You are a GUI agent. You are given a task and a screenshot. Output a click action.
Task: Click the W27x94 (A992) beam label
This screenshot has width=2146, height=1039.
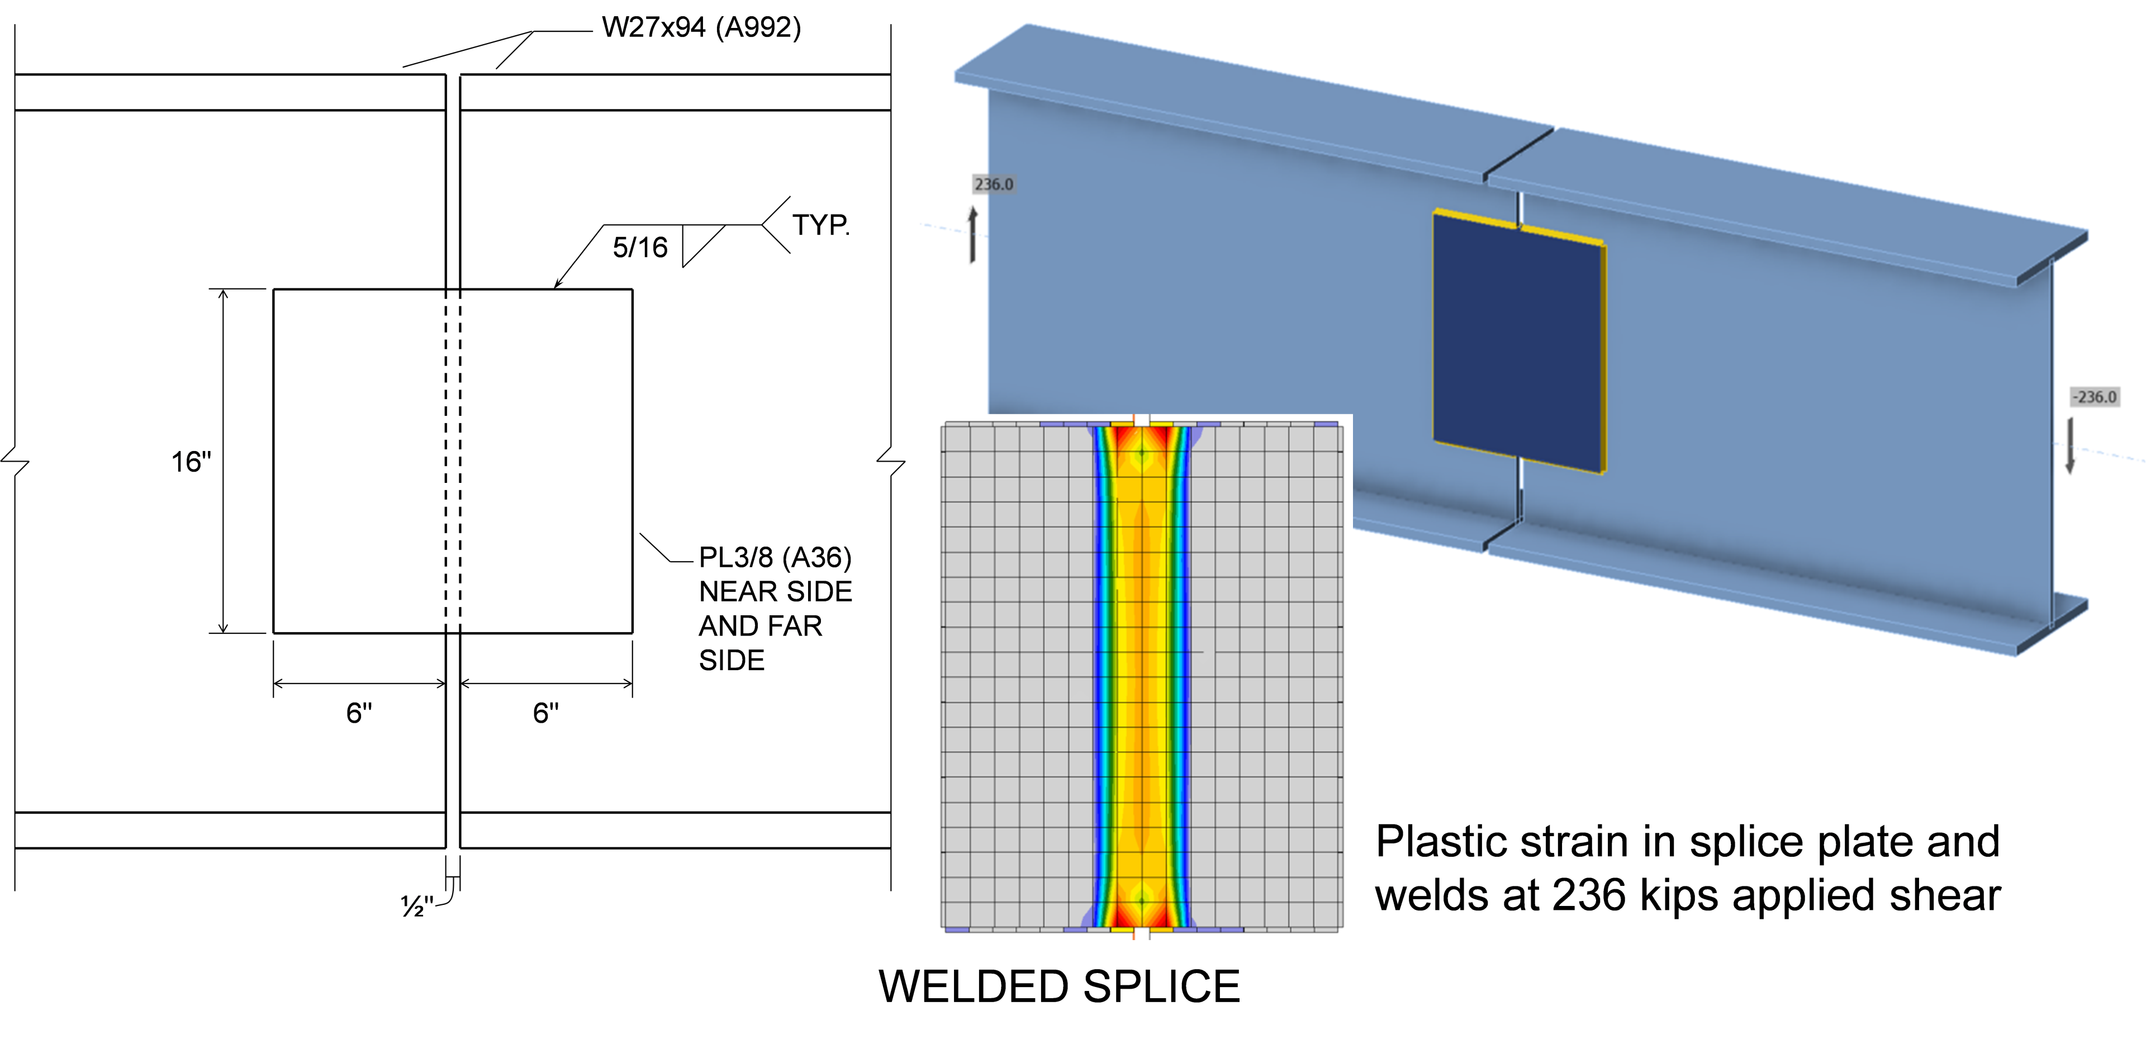pyautogui.click(x=701, y=27)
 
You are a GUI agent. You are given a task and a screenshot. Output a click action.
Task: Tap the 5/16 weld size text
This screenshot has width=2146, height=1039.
pyautogui.click(x=640, y=248)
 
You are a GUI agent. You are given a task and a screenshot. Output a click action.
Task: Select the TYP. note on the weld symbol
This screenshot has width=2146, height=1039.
pyautogui.click(x=820, y=225)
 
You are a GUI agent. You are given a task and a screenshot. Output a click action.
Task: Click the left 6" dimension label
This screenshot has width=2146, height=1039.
pyautogui.click(x=359, y=713)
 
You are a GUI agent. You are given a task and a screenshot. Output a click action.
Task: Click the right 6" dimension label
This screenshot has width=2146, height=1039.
pyautogui.click(x=545, y=713)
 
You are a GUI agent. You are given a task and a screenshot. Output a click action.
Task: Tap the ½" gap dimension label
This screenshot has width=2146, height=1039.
pyautogui.click(x=416, y=905)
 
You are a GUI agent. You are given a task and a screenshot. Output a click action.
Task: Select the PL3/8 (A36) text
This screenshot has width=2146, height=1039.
pyautogui.click(x=775, y=557)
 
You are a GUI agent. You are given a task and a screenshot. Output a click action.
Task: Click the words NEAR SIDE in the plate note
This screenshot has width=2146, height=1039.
pyautogui.click(x=775, y=591)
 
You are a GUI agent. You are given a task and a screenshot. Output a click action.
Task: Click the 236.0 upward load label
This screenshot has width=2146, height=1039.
pyautogui.click(x=993, y=184)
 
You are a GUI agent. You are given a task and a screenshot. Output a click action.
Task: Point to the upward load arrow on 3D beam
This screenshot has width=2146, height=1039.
pyautogui.click(x=972, y=235)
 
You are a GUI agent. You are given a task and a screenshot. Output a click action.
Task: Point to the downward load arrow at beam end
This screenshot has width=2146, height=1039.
pyautogui.click(x=2070, y=446)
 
